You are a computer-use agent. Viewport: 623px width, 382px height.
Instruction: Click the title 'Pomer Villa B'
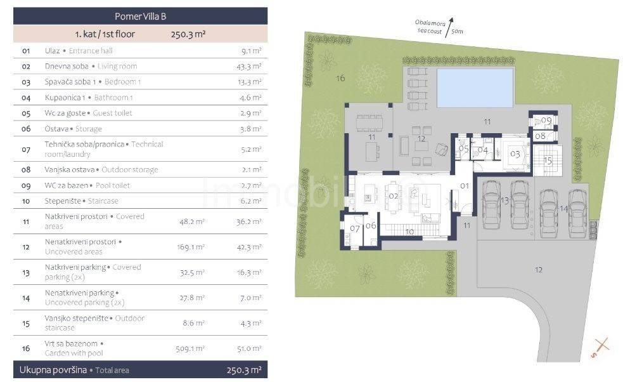[140, 16]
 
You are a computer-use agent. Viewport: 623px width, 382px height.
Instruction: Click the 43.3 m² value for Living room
[248, 67]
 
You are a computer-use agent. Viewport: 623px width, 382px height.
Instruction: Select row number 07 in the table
[26, 149]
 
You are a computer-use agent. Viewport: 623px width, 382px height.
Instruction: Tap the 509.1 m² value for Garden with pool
[190, 348]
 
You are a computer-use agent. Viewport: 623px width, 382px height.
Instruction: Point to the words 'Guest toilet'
[112, 113]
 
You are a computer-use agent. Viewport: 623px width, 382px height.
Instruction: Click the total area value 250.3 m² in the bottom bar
[244, 370]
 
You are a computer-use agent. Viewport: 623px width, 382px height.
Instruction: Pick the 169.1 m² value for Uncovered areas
[191, 247]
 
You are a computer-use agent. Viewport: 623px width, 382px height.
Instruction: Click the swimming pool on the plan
[475, 88]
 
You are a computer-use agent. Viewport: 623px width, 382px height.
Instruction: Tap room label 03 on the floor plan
[515, 154]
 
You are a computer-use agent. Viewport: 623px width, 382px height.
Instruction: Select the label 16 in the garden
[340, 78]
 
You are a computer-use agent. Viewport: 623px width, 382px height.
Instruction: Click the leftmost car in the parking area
[491, 205]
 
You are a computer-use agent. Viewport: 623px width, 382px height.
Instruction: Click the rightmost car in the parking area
[578, 214]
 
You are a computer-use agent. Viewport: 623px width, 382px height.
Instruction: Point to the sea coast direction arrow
[449, 27]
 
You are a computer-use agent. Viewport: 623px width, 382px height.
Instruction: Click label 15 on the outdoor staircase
[548, 161]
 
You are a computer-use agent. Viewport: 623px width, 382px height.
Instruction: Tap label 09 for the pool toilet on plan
[546, 120]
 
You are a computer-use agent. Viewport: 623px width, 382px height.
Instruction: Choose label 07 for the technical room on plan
[354, 228]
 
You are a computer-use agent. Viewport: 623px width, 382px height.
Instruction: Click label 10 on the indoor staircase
[409, 232]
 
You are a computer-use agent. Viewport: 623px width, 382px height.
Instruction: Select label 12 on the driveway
[538, 270]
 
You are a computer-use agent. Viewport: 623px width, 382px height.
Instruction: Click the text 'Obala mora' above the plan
[430, 23]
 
